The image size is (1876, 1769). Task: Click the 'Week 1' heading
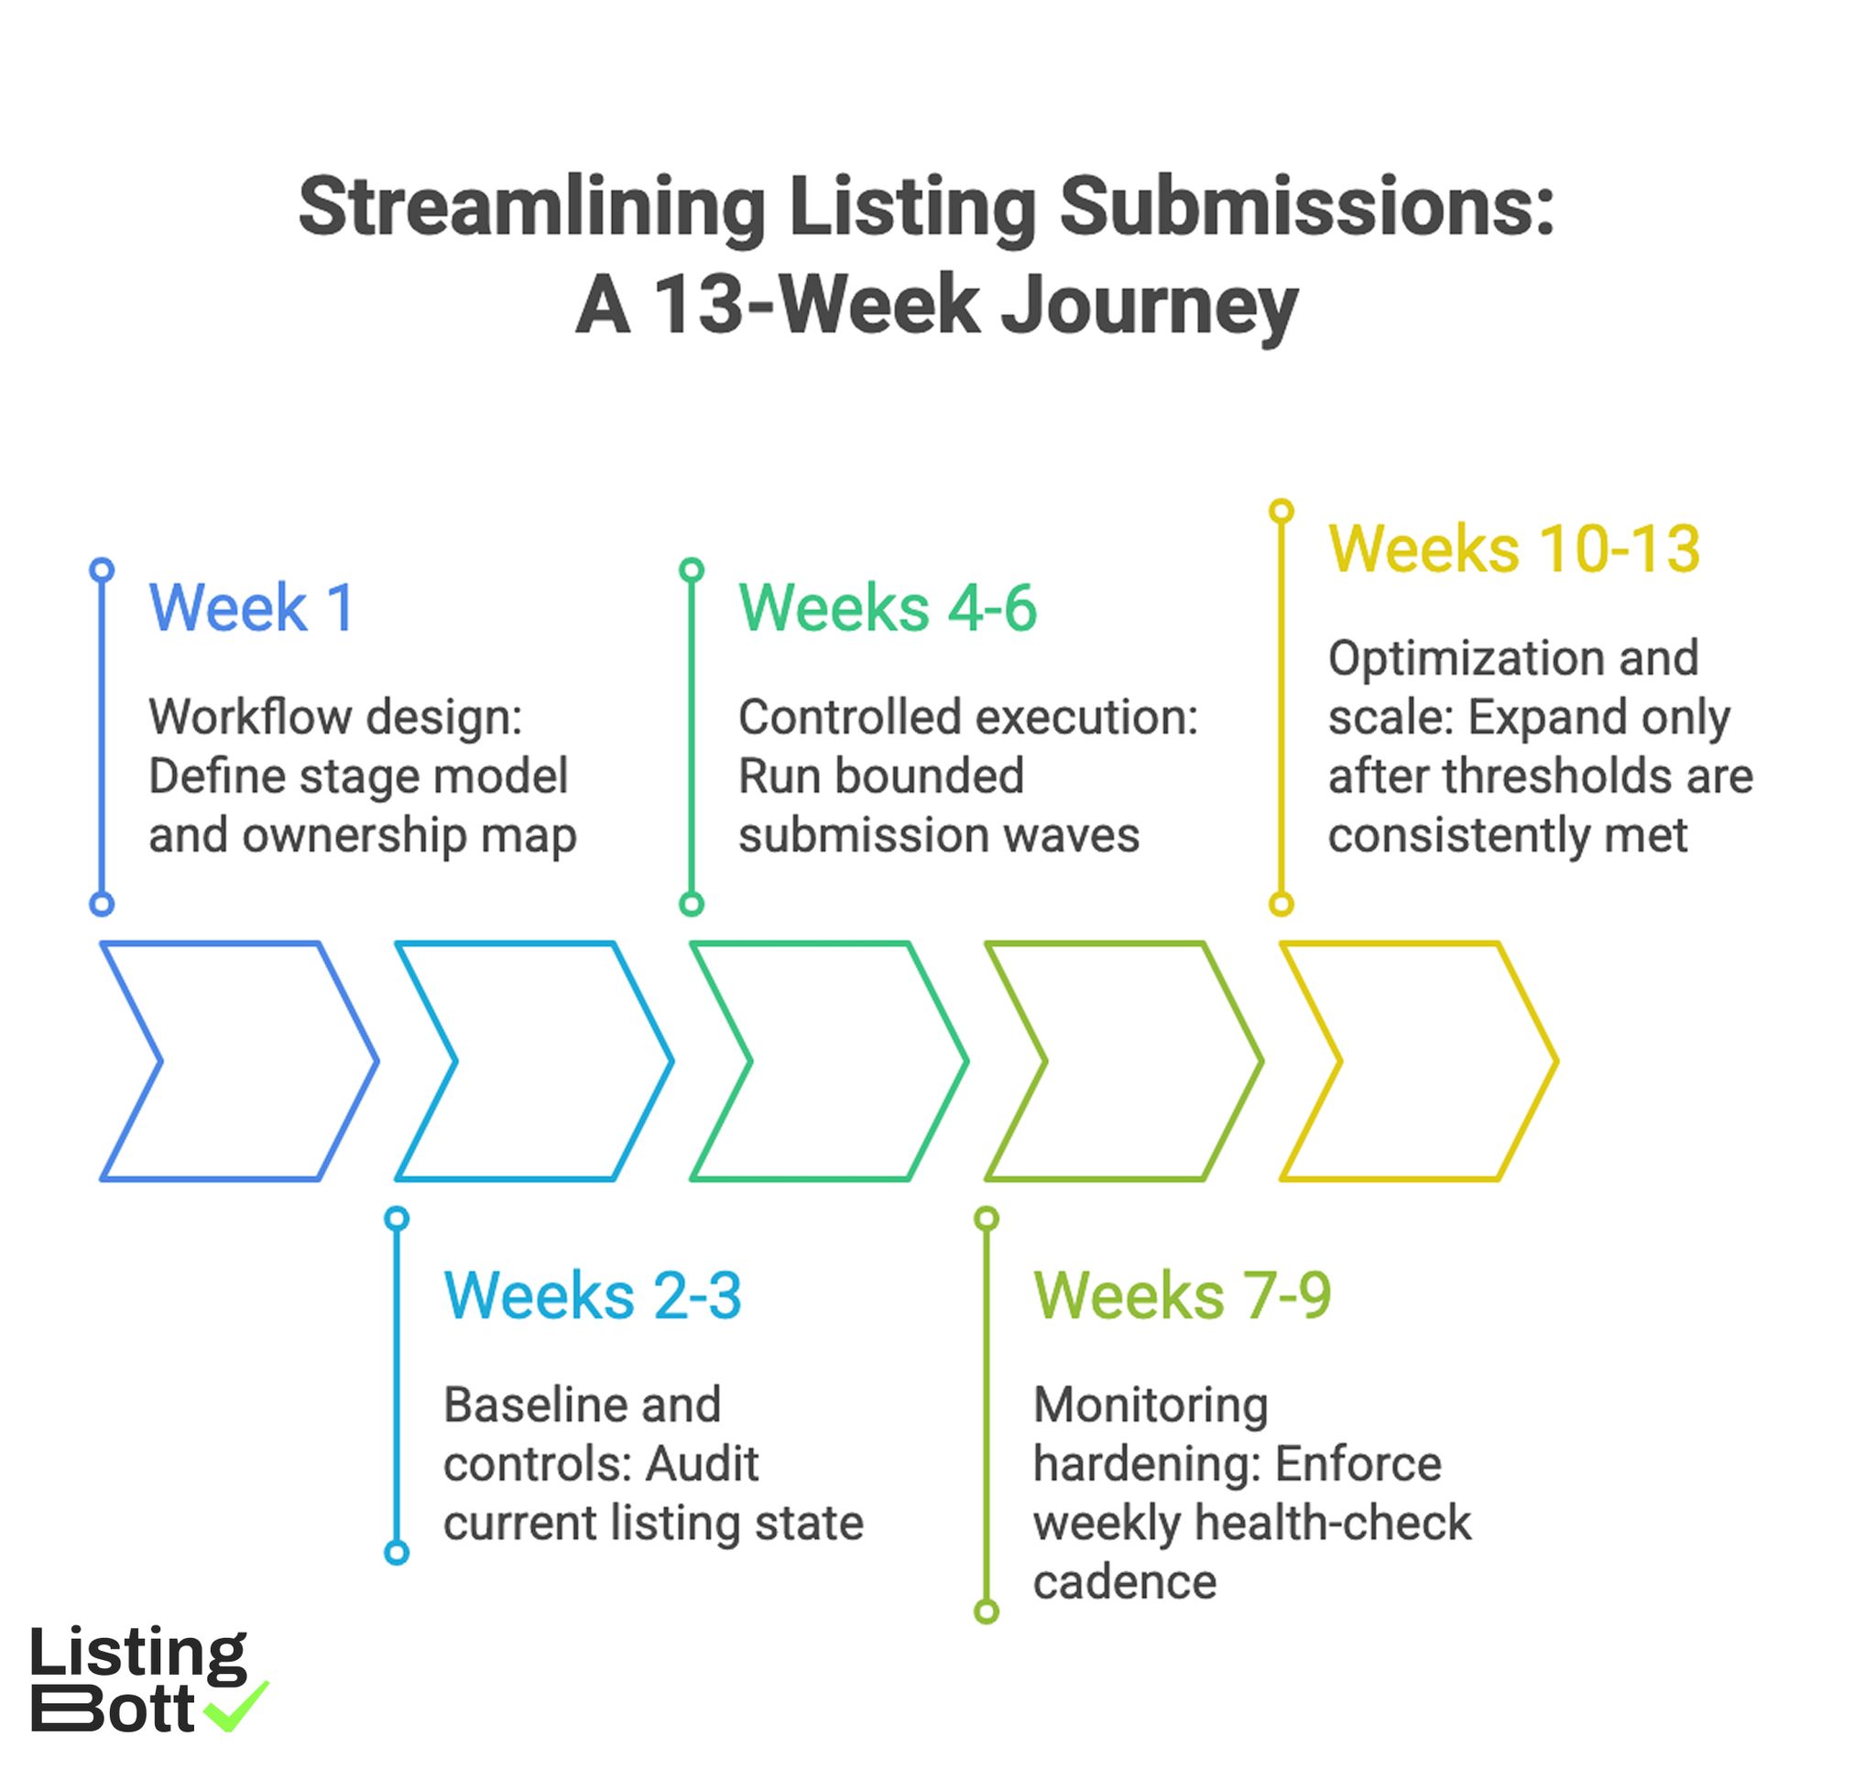pos(251,609)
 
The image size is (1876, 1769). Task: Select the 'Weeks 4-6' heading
pos(887,609)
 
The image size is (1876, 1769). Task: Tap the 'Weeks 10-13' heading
pos(1513,549)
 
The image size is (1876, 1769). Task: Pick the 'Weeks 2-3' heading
pos(593,1297)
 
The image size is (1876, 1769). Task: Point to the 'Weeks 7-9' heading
pos(1182,1297)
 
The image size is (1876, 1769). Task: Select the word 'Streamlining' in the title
pos(531,208)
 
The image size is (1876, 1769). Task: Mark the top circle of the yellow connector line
pos(1281,510)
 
